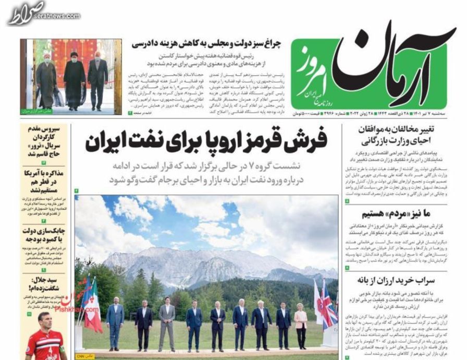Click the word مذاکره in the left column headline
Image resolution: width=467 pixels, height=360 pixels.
54,174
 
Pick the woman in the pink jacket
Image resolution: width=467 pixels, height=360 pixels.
301,326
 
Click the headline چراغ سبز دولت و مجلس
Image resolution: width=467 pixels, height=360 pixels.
206,45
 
